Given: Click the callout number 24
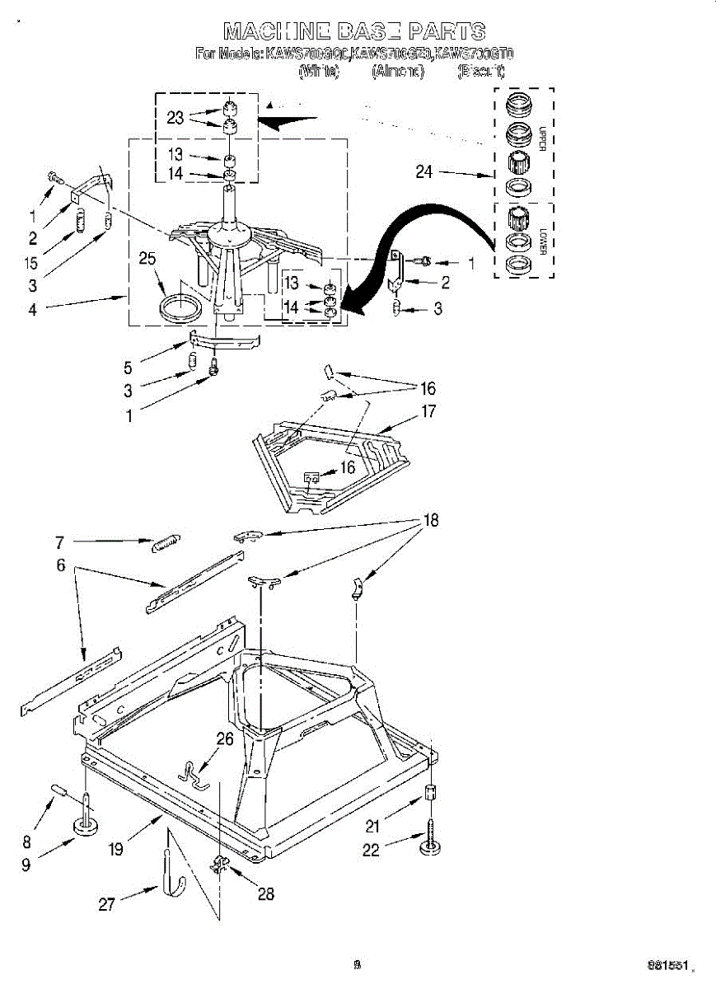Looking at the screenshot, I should [x=424, y=173].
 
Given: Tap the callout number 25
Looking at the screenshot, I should [x=147, y=260].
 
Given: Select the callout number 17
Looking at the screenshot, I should [x=429, y=412].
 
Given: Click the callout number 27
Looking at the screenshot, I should [x=107, y=904].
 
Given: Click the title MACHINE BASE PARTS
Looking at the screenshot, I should [x=354, y=32].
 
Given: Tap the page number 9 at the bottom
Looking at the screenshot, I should [x=357, y=963].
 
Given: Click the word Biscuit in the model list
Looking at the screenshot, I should [x=480, y=72].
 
